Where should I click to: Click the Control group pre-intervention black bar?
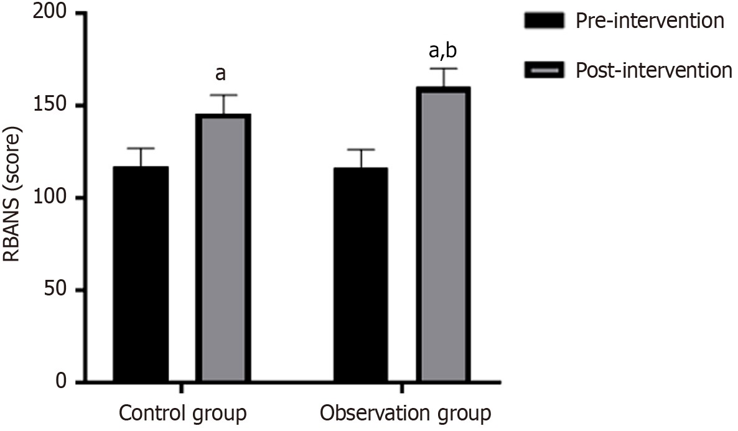click(141, 274)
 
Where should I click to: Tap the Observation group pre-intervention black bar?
click(361, 274)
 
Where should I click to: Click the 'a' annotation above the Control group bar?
click(220, 74)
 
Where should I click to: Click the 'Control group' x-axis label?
click(182, 413)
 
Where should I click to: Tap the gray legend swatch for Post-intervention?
click(544, 70)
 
